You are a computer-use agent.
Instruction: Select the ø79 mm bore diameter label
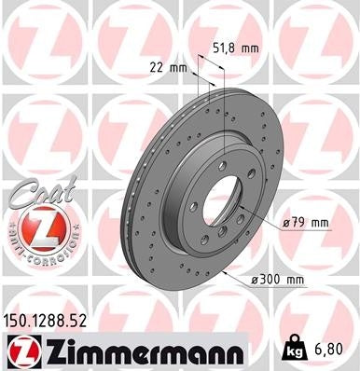307,222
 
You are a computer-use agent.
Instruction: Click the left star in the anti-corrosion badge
6,227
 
